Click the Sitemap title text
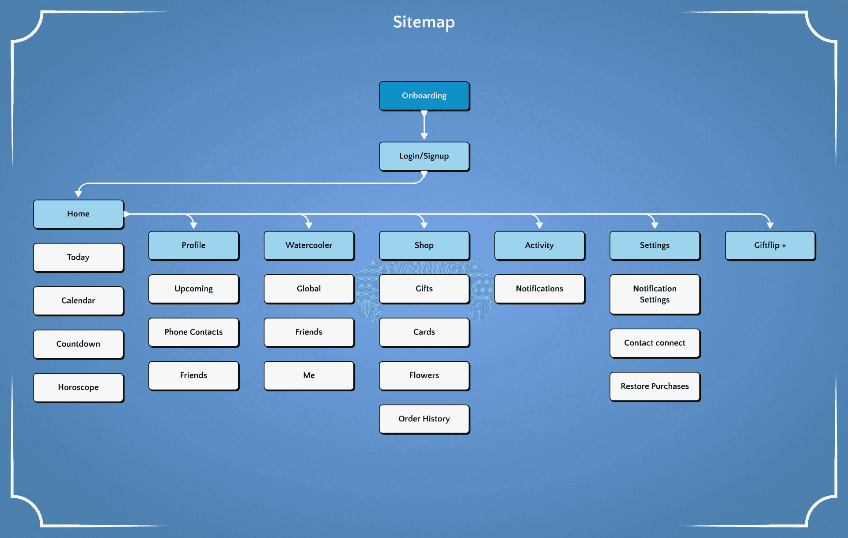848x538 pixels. click(424, 22)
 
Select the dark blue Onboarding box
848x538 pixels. click(424, 96)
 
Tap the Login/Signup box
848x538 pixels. click(424, 156)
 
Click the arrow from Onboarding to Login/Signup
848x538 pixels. click(424, 125)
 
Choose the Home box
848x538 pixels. click(79, 214)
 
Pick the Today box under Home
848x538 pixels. click(79, 258)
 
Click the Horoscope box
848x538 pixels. click(79, 388)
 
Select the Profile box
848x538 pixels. click(194, 246)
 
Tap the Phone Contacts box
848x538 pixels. click(194, 332)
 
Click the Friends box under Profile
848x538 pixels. click(194, 375)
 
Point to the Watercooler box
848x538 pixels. click(309, 246)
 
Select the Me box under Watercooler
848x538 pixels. click(309, 375)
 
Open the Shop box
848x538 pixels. click(424, 246)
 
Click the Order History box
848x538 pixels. click(424, 419)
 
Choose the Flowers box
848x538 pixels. click(424, 375)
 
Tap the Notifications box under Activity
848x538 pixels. click(540, 289)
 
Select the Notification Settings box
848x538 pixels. click(655, 295)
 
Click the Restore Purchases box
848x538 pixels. click(655, 386)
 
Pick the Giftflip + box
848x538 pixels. click(770, 246)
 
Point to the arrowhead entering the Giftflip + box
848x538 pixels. click(770, 225)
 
